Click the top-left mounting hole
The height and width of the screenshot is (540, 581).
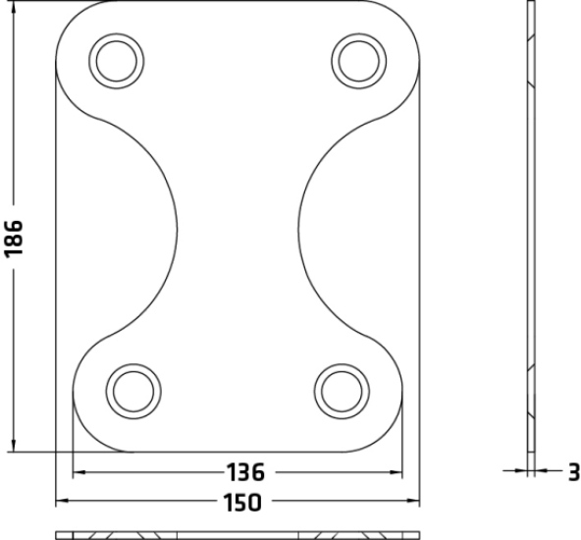coord(117,61)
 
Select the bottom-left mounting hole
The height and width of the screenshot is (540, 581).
coord(131,389)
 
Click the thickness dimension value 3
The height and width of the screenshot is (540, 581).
coord(572,473)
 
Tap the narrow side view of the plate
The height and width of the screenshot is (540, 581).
coord(531,236)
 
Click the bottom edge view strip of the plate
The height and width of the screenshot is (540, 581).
coord(238,535)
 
